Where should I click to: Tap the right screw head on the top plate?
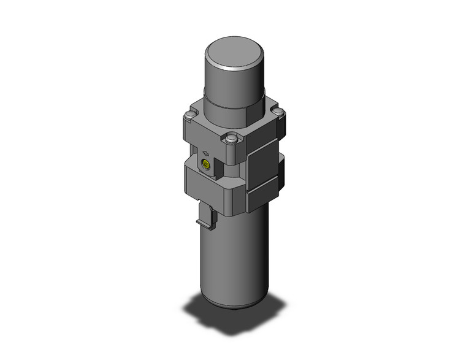(x=278, y=112)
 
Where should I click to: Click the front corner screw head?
(x=232, y=140)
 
